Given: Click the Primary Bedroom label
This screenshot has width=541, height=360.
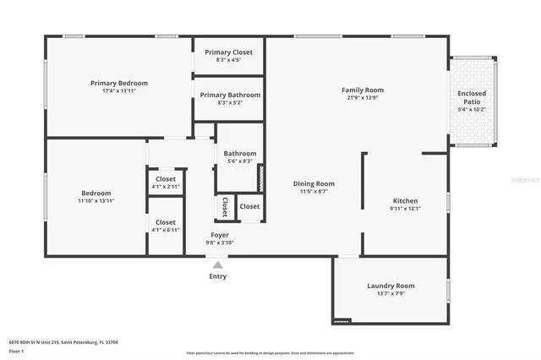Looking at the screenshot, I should tap(119, 83).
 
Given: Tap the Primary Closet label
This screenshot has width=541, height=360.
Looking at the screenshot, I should tap(228, 52).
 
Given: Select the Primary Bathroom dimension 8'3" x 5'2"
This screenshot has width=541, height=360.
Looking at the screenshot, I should tap(228, 103).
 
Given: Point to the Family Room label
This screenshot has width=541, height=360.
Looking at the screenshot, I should tap(363, 90).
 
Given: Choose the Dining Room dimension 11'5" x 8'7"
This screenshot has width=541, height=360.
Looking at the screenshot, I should tap(314, 192).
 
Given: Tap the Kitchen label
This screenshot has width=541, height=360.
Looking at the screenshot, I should tap(405, 200).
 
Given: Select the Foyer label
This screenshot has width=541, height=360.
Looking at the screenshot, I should tap(220, 235).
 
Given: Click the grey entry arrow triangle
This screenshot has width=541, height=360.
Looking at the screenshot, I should tap(217, 265).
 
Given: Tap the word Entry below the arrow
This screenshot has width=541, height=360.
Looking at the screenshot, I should tap(217, 276).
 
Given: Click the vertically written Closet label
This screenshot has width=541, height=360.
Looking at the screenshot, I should tap(225, 208).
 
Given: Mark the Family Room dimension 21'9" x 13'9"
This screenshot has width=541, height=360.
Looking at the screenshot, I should tap(363, 98).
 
